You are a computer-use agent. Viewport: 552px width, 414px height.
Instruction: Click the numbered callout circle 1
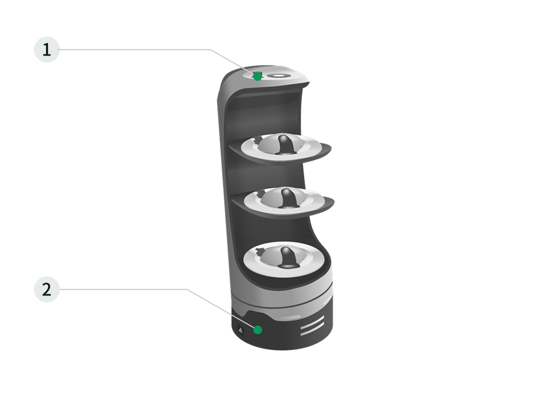[x=47, y=50]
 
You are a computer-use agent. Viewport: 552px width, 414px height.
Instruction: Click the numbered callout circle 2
[x=47, y=289]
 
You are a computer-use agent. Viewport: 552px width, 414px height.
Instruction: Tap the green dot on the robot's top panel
[x=258, y=77]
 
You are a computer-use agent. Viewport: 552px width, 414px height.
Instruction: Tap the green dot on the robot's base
[x=258, y=330]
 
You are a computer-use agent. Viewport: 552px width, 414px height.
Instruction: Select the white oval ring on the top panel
[x=278, y=75]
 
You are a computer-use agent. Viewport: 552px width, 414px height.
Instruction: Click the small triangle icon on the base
[x=241, y=330]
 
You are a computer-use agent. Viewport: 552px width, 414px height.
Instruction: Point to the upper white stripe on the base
[x=312, y=322]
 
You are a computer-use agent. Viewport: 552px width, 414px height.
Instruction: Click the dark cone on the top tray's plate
[x=286, y=144]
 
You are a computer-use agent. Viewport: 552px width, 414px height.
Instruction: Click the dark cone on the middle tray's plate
[x=288, y=198]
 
